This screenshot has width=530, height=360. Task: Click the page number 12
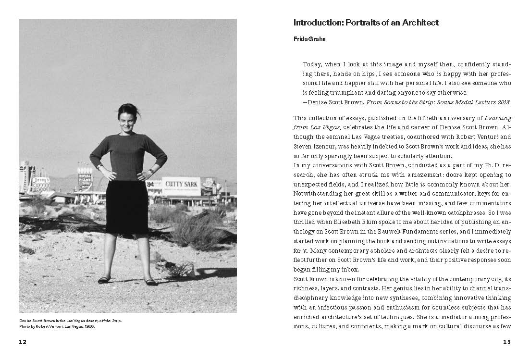(x=22, y=342)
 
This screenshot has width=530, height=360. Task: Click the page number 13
(x=506, y=342)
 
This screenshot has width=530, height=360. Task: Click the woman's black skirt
(x=127, y=206)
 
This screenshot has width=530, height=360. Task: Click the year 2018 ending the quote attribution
(x=502, y=102)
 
